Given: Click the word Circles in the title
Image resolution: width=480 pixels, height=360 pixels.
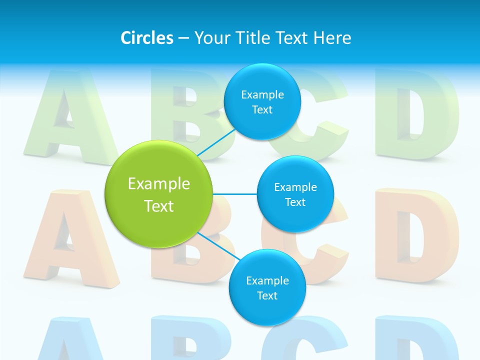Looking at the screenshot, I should coord(147,37).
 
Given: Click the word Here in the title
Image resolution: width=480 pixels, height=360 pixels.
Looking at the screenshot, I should coord(332,37).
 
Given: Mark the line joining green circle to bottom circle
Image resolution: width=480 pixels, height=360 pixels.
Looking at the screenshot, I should coord(219,246).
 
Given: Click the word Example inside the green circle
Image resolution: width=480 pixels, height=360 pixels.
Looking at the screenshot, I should coord(159,184).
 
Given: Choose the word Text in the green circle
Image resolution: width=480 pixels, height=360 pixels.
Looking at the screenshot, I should coord(159,206).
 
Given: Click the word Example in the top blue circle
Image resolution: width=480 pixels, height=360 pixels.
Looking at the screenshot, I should coord(262,94).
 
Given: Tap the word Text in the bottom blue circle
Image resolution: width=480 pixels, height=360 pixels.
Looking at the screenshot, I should coord(267,295).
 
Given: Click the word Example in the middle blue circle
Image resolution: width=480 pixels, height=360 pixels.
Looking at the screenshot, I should coord(295,187).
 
